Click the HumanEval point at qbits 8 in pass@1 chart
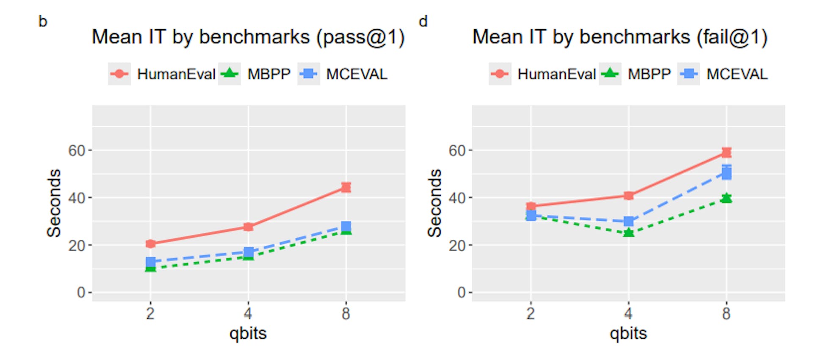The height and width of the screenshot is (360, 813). click(x=346, y=187)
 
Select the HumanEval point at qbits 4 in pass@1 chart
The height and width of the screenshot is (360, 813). click(x=248, y=227)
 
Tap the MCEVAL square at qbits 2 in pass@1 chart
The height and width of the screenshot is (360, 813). click(x=150, y=262)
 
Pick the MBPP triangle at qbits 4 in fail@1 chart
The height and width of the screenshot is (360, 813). click(x=628, y=233)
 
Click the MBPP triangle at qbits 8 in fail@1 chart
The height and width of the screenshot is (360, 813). click(x=726, y=198)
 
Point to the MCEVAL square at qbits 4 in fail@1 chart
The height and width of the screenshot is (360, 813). click(x=628, y=221)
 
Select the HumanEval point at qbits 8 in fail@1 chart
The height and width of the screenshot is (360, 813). click(x=726, y=152)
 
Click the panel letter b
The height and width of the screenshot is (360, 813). click(x=43, y=21)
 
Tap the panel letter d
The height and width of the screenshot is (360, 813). click(x=423, y=21)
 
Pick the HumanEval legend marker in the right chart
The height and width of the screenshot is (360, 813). click(x=500, y=74)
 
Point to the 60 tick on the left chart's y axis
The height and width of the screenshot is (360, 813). click(x=77, y=150)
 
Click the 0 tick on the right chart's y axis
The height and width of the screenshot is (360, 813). click(x=462, y=292)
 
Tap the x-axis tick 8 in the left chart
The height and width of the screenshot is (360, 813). click(x=346, y=314)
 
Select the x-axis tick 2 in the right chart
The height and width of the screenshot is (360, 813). click(x=531, y=314)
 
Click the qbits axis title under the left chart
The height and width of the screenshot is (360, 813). click(x=248, y=333)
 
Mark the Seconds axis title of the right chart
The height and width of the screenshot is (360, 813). click(x=435, y=203)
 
